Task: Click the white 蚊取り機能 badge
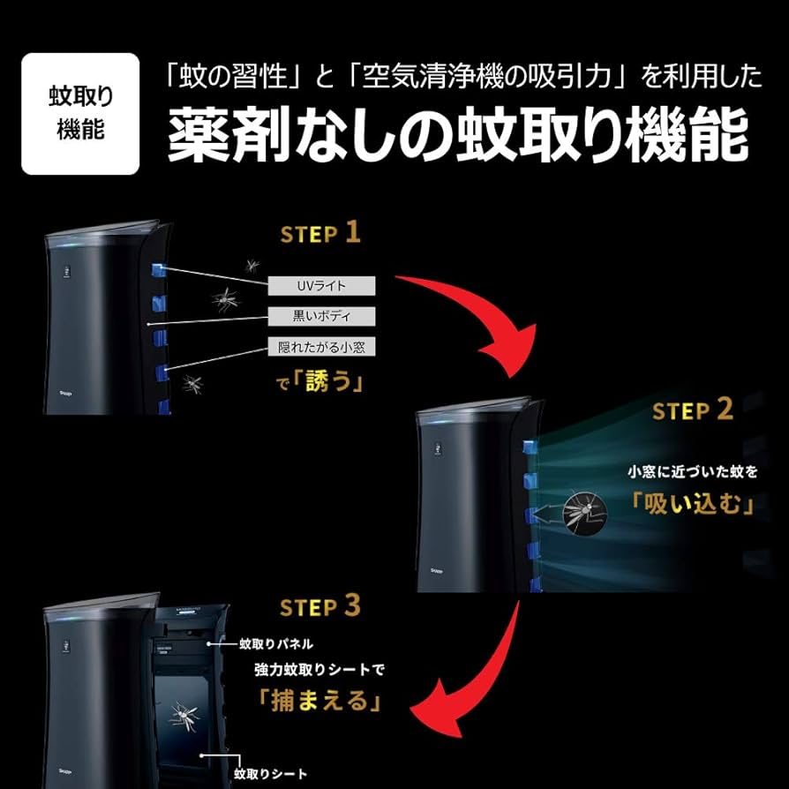click(x=80, y=114)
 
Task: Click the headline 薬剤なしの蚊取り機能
click(x=458, y=135)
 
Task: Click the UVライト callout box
click(x=323, y=286)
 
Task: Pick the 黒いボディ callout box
click(x=323, y=316)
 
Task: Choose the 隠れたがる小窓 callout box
click(x=323, y=347)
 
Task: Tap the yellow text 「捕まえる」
click(x=319, y=701)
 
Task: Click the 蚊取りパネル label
click(x=275, y=644)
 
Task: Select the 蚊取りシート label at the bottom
click(x=271, y=774)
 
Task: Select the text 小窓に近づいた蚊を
click(x=693, y=472)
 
